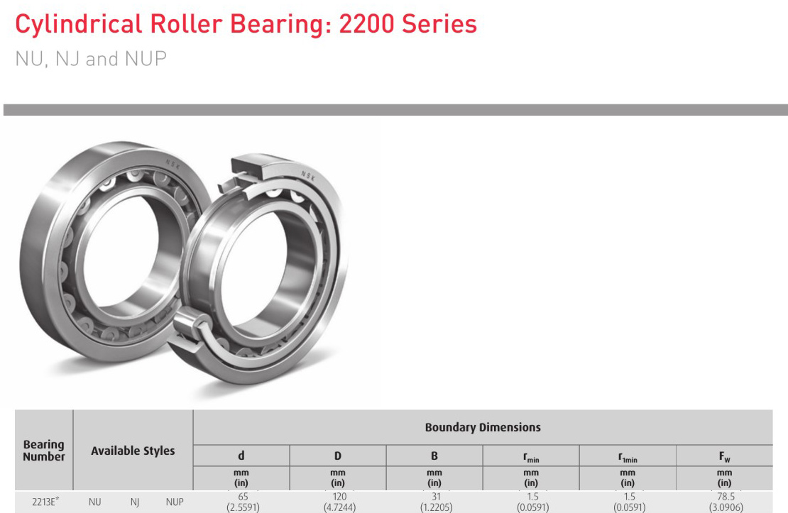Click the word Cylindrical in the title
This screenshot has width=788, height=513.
pos(78,25)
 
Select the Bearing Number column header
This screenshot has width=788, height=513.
pos(44,451)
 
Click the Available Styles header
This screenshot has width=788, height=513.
pos(133,451)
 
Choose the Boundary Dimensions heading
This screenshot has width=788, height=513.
pos(483,428)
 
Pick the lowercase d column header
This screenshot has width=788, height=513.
pos(241,456)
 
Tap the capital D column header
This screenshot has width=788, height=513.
pos(338,456)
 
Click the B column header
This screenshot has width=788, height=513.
pos(434,456)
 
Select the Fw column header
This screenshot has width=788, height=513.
pos(724,456)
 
